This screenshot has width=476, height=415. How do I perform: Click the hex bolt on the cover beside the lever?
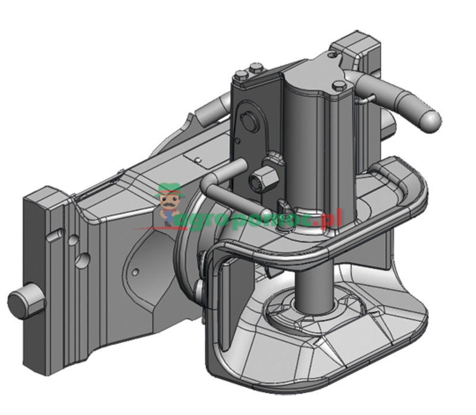[x=339, y=87]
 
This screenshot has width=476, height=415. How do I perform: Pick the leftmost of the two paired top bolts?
[x=241, y=76]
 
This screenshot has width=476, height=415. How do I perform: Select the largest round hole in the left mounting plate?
[x=84, y=259]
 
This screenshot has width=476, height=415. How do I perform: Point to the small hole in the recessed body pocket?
[x=136, y=272]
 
